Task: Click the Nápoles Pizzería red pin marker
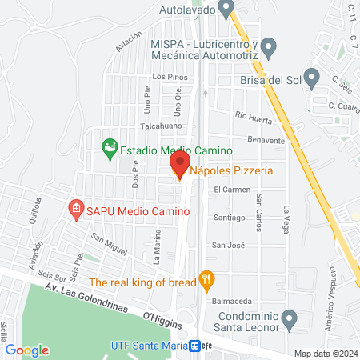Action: point(179,166)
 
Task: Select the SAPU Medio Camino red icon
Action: point(76,210)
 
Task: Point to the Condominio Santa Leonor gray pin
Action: point(290,320)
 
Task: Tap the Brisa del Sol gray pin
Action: point(314,78)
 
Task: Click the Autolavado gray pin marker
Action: point(226,9)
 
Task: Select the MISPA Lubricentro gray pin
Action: point(270,47)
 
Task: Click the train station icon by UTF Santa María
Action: point(194,346)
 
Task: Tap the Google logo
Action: point(26,350)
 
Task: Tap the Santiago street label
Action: point(229,218)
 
